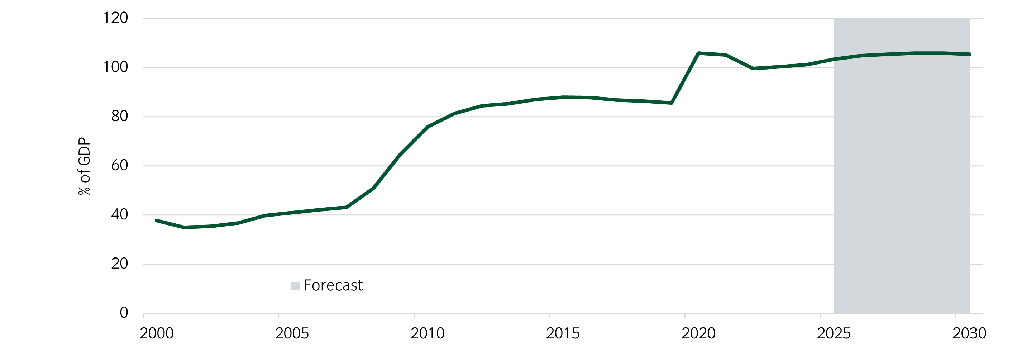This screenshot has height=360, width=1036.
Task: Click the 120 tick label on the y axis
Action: [x=115, y=18]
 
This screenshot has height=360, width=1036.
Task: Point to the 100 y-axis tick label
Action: [x=115, y=67]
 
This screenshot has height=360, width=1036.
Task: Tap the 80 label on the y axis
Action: [x=119, y=116]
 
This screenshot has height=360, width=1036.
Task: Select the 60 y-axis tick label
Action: [x=119, y=165]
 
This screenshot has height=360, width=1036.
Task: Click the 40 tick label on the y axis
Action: [x=119, y=215]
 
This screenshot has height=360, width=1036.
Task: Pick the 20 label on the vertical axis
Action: [x=119, y=264]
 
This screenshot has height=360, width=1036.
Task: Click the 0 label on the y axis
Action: [x=124, y=313]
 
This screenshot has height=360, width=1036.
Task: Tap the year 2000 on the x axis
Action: [x=157, y=333]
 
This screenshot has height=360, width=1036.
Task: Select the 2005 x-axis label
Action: [x=292, y=333]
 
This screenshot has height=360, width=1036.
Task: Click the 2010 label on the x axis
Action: [x=427, y=333]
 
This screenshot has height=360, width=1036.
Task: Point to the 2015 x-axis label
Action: [x=563, y=333]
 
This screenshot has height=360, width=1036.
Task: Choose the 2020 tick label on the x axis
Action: [x=698, y=333]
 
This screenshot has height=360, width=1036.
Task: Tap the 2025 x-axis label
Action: [x=834, y=333]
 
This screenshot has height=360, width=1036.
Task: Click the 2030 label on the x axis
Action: [x=969, y=333]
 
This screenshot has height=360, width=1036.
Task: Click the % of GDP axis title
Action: [x=85, y=166]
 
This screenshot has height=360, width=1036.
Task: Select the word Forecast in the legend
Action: [x=333, y=285]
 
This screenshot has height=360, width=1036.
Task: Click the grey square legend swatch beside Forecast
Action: [x=295, y=286]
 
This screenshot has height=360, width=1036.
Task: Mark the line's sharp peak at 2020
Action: [x=698, y=53]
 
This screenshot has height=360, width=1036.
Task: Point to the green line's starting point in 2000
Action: [x=157, y=221]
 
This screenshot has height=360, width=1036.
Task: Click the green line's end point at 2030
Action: [x=970, y=54]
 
